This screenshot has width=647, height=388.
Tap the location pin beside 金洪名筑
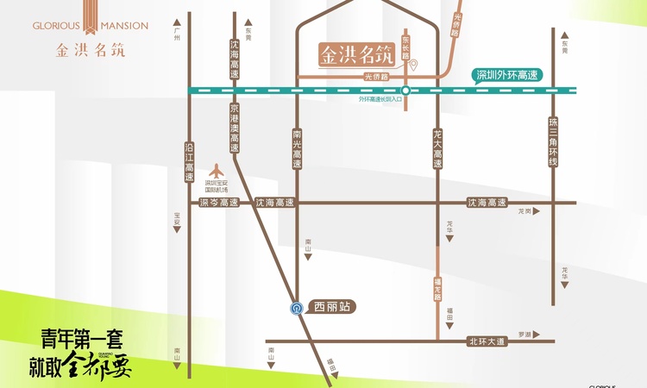coord(413,65)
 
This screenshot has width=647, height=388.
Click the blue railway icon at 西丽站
coord(296,307)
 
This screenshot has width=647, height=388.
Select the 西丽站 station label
coord(331,306)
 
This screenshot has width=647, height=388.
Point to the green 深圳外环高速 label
coord(506,76)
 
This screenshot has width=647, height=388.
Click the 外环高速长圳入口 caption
coord(381,99)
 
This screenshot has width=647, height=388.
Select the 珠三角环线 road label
coord(554,144)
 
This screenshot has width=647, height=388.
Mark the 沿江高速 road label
coord(189,161)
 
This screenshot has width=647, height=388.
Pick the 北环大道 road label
coord(485,341)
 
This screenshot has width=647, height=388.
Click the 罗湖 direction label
coord(525,334)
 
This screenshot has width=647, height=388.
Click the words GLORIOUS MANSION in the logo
coord(91,26)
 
